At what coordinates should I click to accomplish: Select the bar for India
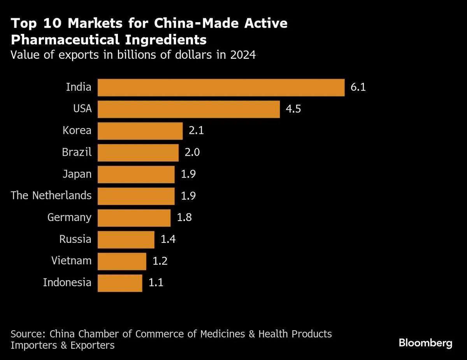221,88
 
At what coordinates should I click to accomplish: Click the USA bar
188,109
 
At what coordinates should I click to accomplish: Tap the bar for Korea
140,131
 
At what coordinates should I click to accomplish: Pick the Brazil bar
138,153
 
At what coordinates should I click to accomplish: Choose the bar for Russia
126,240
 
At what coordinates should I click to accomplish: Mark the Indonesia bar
119,283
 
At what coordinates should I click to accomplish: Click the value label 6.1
358,87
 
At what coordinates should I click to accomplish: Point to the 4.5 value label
293,109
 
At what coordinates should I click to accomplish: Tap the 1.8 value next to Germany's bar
184,218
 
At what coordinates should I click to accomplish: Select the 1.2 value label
160,261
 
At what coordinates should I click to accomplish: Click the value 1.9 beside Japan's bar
188,174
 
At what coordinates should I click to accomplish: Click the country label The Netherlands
51,195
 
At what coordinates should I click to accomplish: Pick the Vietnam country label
71,261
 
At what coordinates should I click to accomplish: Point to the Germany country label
69,218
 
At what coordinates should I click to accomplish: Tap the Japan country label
77,174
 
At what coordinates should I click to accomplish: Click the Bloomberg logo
425,343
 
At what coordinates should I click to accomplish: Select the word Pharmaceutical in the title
65,40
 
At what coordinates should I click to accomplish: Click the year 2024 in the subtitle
242,55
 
